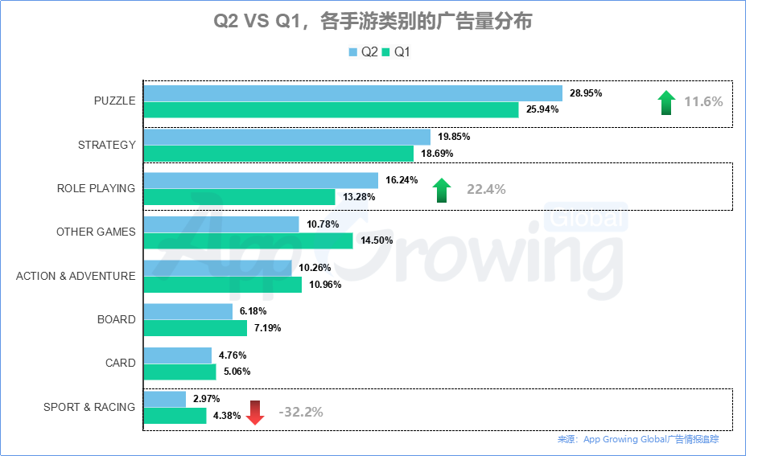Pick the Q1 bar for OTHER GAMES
click(x=248, y=240)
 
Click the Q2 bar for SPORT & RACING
click(x=164, y=399)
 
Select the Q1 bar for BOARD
click(x=195, y=328)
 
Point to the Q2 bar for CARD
click(x=177, y=355)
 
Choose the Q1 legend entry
click(x=397, y=52)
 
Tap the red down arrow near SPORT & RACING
click(x=255, y=413)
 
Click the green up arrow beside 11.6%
click(x=665, y=103)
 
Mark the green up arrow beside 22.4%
click(x=442, y=191)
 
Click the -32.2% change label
click(x=301, y=412)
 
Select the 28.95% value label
click(x=586, y=93)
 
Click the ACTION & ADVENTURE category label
click(x=76, y=276)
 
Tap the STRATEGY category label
click(x=106, y=145)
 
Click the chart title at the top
click(x=373, y=22)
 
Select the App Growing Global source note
click(x=638, y=439)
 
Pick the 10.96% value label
click(x=325, y=285)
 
